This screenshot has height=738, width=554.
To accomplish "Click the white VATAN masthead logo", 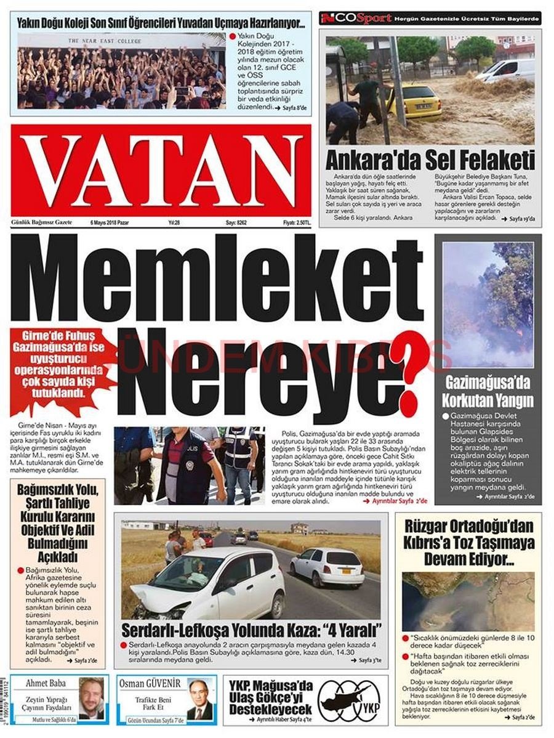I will [161, 170].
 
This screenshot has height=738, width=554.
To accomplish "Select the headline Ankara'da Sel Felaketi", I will [430, 161].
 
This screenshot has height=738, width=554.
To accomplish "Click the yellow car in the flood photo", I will [413, 101].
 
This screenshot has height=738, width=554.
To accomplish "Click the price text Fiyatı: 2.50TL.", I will [297, 222].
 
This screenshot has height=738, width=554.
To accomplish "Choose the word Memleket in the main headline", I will [217, 281].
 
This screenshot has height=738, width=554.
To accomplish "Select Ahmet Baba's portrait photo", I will [91, 699].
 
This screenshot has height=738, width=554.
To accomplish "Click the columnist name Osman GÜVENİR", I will [158, 683].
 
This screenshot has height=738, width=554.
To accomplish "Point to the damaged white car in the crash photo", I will [206, 582].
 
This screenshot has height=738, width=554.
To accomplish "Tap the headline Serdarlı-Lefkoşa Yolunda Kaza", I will [251, 631].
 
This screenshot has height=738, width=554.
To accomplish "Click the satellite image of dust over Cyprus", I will [468, 601].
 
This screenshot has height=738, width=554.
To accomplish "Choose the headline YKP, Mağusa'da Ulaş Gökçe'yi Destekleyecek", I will [271, 698].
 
